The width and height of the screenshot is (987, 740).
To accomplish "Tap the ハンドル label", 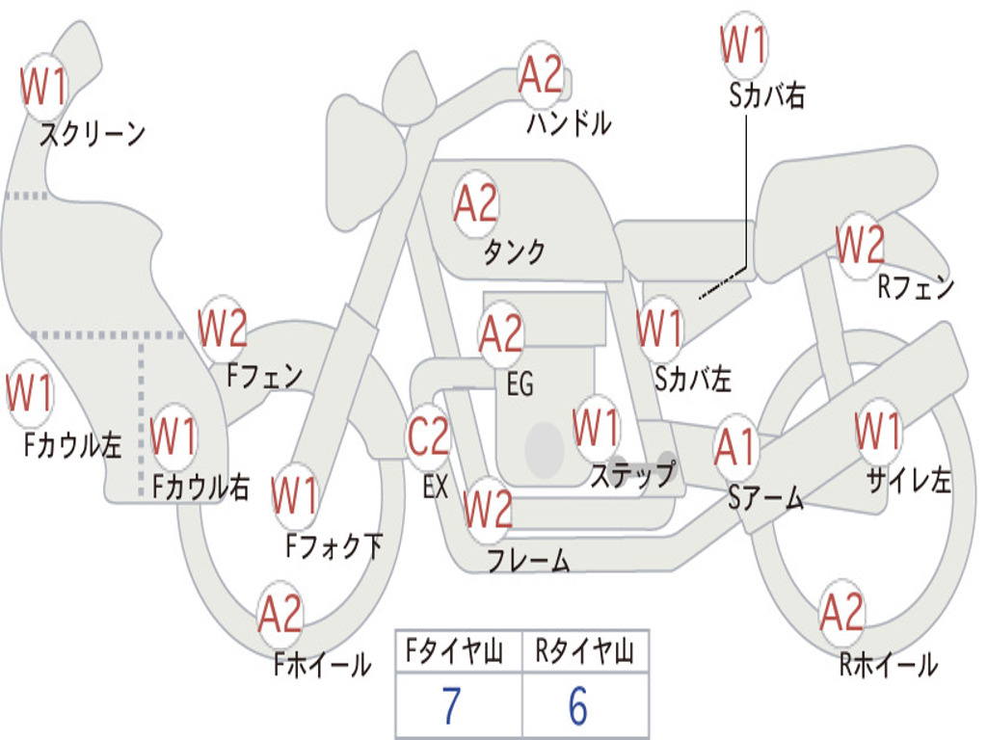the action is [569, 124].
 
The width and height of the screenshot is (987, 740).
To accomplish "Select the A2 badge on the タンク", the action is [476, 203].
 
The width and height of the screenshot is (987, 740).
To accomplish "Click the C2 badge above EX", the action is [429, 437].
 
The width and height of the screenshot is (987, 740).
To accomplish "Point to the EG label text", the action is [520, 384].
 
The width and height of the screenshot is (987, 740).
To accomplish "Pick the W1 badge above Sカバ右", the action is [744, 44].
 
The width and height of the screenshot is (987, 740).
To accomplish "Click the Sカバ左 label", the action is [692, 380].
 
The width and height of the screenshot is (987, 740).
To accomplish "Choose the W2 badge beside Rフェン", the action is [860, 246].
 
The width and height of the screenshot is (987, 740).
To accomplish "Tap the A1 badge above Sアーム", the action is [737, 448].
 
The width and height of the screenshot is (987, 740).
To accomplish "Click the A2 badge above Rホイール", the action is [841, 612].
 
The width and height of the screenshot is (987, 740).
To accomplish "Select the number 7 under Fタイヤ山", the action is [451, 706].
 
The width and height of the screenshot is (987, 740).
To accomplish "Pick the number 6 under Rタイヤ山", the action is [578, 706].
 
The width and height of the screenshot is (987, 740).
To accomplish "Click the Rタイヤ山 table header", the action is [584, 653].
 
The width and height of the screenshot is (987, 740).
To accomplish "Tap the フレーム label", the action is [528, 560].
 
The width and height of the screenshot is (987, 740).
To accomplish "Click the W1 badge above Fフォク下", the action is [294, 495].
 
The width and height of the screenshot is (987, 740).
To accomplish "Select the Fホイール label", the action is [322, 664].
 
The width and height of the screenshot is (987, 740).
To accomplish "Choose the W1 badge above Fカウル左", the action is [29, 394].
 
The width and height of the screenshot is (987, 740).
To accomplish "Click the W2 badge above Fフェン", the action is [223, 329].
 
